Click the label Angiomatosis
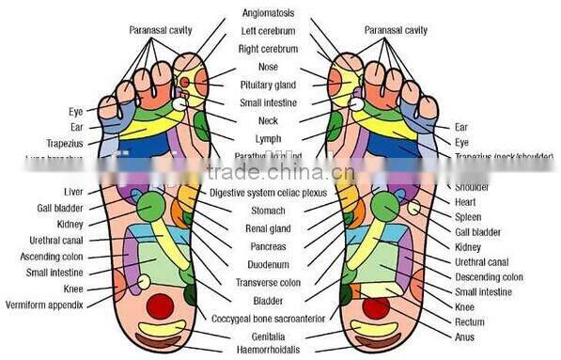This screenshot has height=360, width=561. pos(267,13)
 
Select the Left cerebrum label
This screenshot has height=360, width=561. pos(267,31)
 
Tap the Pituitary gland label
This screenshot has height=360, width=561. pos(267,85)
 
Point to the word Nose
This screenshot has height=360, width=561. pos(267,67)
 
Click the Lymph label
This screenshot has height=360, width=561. pos(267,138)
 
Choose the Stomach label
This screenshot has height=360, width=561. pos(267,211)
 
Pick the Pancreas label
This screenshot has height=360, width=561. pos(267,246)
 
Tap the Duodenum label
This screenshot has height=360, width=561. pos(267,264)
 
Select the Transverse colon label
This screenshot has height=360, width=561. pos(267,282)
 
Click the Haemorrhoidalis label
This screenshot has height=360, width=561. pos(267,350)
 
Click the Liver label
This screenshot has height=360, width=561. pos(71,192)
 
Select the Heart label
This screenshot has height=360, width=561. pos(466,202)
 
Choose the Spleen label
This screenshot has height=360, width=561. pos(468,217)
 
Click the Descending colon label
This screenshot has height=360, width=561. pos(489,277)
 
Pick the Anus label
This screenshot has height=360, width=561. pos(464,336)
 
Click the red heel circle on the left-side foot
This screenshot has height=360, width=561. pos(161,305)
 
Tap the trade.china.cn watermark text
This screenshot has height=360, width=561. pos(280,173)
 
